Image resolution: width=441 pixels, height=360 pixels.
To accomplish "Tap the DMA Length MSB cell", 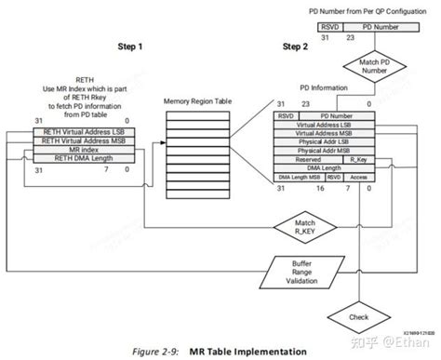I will [298, 177].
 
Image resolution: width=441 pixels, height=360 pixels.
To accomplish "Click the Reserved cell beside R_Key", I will [309, 159].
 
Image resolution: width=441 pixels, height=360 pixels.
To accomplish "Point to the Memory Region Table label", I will [197, 99].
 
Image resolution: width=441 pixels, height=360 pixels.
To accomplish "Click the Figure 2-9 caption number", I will [153, 351].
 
